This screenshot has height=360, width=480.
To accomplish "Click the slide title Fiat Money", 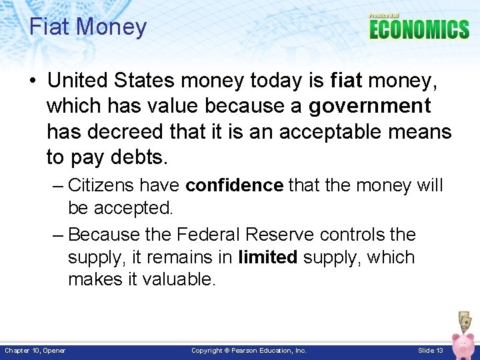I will tap(87, 27).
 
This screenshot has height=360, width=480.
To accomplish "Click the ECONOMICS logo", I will tap(419, 29).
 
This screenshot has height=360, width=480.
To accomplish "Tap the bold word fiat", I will tap(345, 81).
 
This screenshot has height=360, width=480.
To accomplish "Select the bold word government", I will tap(369, 106).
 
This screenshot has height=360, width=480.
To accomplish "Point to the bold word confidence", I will tap(234, 185).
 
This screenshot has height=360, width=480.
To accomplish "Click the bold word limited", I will tap(267, 257).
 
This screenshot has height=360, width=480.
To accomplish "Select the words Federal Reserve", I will tap(245, 234).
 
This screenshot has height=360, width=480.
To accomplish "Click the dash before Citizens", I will tap(57, 185).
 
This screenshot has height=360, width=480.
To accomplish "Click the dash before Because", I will tap(57, 235).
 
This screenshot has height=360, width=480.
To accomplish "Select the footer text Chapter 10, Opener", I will tap(35, 350).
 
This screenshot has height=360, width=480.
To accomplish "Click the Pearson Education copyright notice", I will tap(249, 350).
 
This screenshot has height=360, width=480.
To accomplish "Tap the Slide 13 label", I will tap(430, 350).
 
